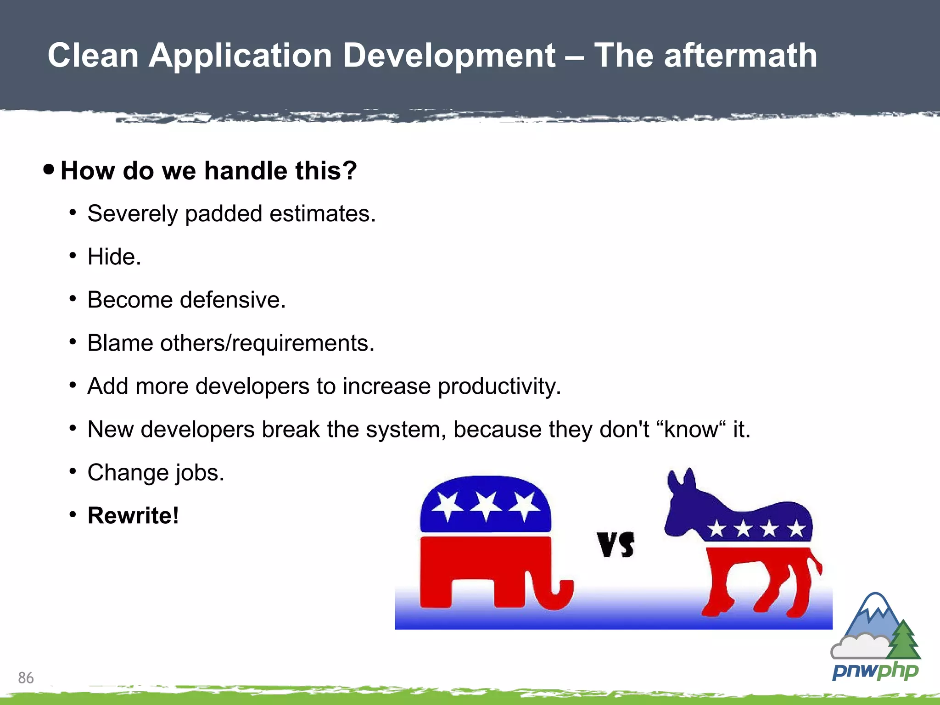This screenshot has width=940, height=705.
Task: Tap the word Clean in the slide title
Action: [x=93, y=56]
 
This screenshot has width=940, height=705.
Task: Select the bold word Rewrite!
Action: [x=133, y=515]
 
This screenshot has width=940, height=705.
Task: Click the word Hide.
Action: [x=114, y=257]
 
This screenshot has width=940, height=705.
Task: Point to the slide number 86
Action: [x=26, y=677]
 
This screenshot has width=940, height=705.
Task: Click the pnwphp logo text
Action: [x=875, y=671]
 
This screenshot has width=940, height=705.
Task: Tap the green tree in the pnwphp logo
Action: [x=903, y=640]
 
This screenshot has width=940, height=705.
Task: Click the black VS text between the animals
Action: [x=615, y=544]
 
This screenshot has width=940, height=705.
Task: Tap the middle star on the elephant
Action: [x=486, y=505]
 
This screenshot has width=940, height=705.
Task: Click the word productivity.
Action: [x=499, y=386]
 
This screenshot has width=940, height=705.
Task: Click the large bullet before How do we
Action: [x=49, y=169]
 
